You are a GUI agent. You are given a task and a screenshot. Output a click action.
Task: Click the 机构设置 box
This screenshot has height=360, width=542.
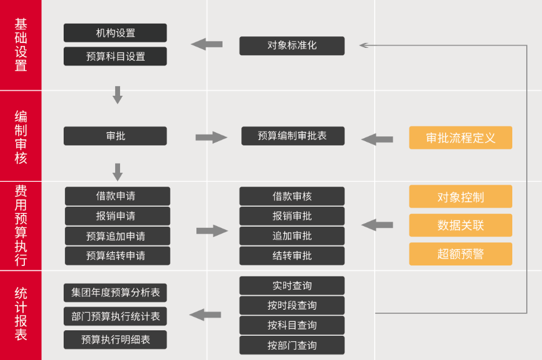click(x=115, y=33)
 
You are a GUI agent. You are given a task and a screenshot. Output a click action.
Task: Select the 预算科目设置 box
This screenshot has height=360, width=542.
click(x=115, y=56)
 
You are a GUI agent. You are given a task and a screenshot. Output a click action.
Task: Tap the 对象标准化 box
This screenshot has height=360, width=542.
click(x=292, y=45)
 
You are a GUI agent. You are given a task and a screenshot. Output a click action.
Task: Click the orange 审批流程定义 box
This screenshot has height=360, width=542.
click(x=460, y=138)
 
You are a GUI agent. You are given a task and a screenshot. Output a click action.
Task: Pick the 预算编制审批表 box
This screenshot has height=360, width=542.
click(x=292, y=136)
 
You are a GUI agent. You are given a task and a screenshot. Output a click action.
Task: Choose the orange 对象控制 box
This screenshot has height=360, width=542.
click(x=460, y=196)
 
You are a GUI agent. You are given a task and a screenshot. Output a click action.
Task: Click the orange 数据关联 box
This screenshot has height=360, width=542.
click(x=460, y=225)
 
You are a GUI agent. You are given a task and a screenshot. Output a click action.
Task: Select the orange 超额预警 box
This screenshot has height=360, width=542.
click(x=460, y=254)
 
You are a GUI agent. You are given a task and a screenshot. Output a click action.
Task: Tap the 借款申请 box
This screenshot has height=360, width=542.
click(x=117, y=196)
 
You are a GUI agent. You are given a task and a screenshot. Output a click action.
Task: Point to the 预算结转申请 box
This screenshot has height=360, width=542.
click(x=117, y=256)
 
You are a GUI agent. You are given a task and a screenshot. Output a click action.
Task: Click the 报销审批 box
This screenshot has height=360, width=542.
click(x=292, y=216)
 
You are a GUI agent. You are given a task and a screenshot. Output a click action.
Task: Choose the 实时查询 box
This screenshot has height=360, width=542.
click(x=292, y=285)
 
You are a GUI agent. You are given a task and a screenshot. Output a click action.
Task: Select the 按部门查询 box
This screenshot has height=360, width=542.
click(x=292, y=345)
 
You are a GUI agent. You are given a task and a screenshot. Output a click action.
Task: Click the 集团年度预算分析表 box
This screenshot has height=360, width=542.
click(x=115, y=293)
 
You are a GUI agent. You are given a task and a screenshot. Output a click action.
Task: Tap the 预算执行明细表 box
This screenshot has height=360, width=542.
click(x=115, y=339)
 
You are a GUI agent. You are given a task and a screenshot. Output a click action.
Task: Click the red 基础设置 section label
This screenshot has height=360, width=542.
click(x=21, y=45)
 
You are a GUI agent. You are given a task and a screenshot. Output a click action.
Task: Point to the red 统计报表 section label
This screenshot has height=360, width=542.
click(x=21, y=314)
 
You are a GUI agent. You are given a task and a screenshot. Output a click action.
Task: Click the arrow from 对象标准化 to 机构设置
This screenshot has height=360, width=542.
click(x=207, y=44)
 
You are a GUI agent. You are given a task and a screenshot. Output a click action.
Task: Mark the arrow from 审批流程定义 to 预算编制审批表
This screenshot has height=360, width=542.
click(x=377, y=139)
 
